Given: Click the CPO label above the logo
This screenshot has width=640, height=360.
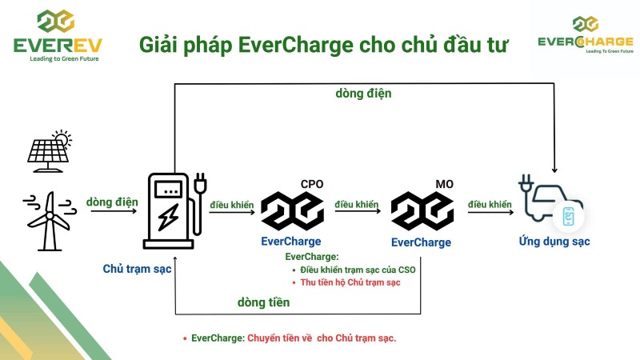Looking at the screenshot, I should [x=312, y=184].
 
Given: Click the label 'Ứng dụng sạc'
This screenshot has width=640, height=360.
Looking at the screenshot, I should [x=553, y=242].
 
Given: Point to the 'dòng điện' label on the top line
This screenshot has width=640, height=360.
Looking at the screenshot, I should [x=363, y=94].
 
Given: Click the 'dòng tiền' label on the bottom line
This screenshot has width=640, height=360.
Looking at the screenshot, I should [x=263, y=302].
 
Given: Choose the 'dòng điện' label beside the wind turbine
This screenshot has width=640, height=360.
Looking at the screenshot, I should [x=111, y=202].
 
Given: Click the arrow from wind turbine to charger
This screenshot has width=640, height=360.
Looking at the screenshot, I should [x=112, y=214].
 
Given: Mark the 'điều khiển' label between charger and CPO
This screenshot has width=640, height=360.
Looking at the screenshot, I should [x=232, y=205].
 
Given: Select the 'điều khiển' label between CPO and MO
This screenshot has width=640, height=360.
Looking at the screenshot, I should [x=357, y=205].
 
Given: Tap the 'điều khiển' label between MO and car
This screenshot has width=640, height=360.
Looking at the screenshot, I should [x=490, y=205].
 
